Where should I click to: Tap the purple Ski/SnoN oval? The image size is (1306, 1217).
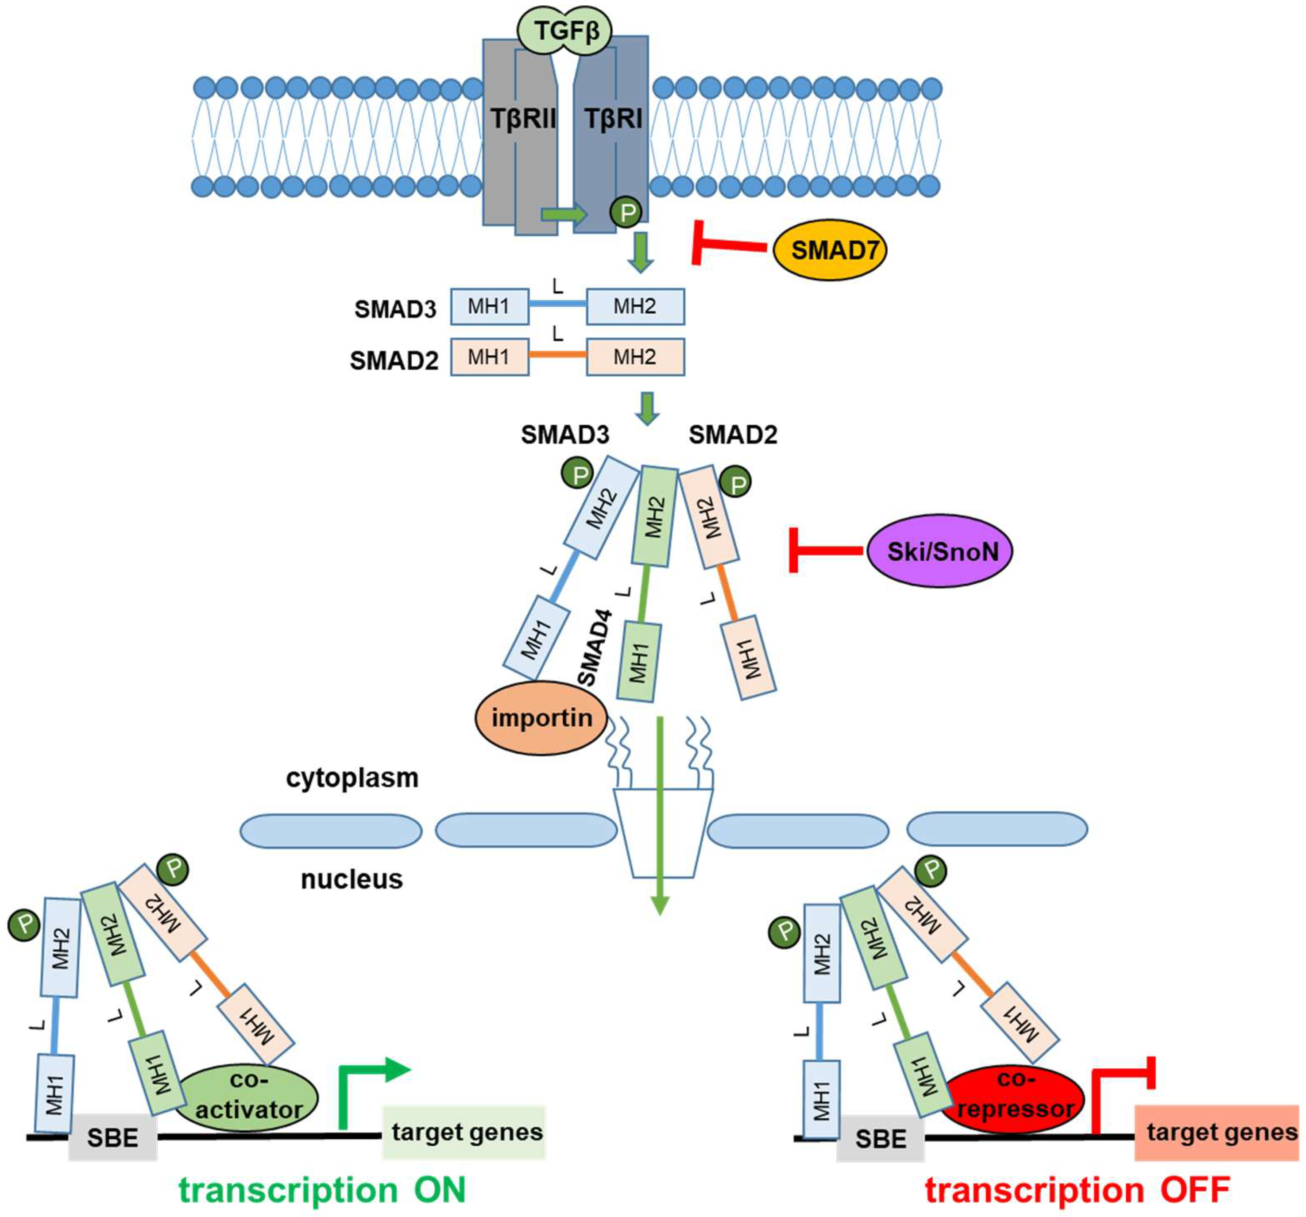pyautogui.click(x=940, y=551)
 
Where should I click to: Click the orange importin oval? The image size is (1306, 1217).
pyautogui.click(x=541, y=718)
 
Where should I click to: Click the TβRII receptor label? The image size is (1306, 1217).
pyautogui.click(x=522, y=119)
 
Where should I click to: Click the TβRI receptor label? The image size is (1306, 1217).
pyautogui.click(x=613, y=119)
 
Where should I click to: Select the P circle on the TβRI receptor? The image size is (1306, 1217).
pyautogui.click(x=627, y=212)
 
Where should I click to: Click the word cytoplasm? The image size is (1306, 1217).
pyautogui.click(x=352, y=778)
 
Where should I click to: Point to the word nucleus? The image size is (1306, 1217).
pyautogui.click(x=352, y=879)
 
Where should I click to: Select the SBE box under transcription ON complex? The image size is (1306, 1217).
pyautogui.click(x=112, y=1137)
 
